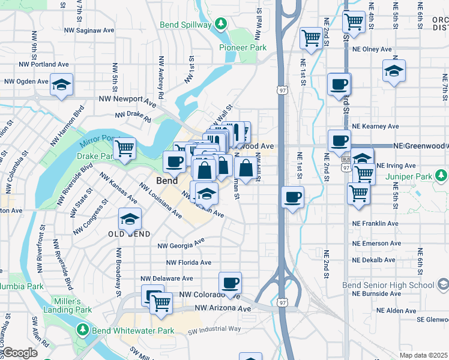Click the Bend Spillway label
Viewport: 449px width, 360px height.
185,25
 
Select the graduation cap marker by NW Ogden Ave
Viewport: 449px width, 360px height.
61,85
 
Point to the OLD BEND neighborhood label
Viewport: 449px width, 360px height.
125,233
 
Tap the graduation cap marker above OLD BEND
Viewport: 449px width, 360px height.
129,220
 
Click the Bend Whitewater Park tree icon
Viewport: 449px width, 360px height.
82,330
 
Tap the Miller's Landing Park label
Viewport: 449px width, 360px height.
71,305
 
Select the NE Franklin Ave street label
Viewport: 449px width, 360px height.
375,223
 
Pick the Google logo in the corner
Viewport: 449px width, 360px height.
19,353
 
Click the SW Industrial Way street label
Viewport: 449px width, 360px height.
214,329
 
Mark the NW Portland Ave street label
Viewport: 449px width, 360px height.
44,64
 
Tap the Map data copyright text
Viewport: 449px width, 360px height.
423,355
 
